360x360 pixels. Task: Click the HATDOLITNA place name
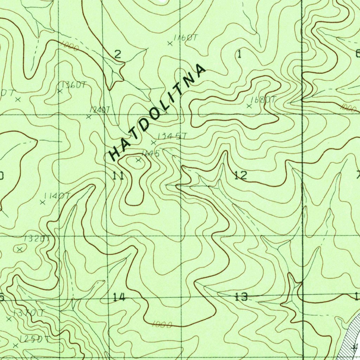click(x=157, y=112)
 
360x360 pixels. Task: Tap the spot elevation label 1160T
click(x=185, y=38)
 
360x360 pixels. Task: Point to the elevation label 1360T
click(x=73, y=85)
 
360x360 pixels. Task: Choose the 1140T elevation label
click(x=57, y=196)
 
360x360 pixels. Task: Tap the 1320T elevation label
click(x=37, y=239)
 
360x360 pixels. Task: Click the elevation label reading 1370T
click(x=28, y=313)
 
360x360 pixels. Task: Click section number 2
click(x=118, y=54)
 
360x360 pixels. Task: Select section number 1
click(x=240, y=54)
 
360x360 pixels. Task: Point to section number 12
click(x=241, y=175)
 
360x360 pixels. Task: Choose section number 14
click(x=119, y=297)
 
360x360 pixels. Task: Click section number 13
click(x=242, y=297)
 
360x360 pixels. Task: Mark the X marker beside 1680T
click(x=250, y=106)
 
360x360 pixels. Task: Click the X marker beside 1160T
click(x=170, y=44)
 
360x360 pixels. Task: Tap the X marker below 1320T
click(x=20, y=249)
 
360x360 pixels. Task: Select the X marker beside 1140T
click(x=43, y=202)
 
